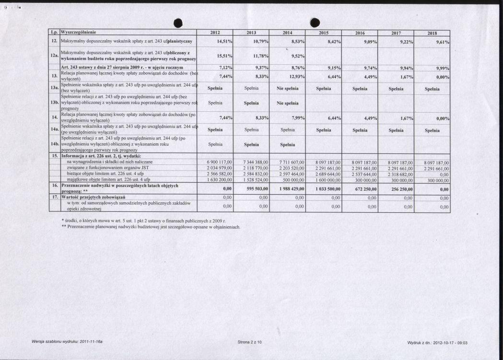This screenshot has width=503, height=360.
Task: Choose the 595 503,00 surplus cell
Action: click(255, 189)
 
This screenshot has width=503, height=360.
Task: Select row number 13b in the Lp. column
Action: click(55, 103)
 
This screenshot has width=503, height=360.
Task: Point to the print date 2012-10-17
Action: click(436, 343)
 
